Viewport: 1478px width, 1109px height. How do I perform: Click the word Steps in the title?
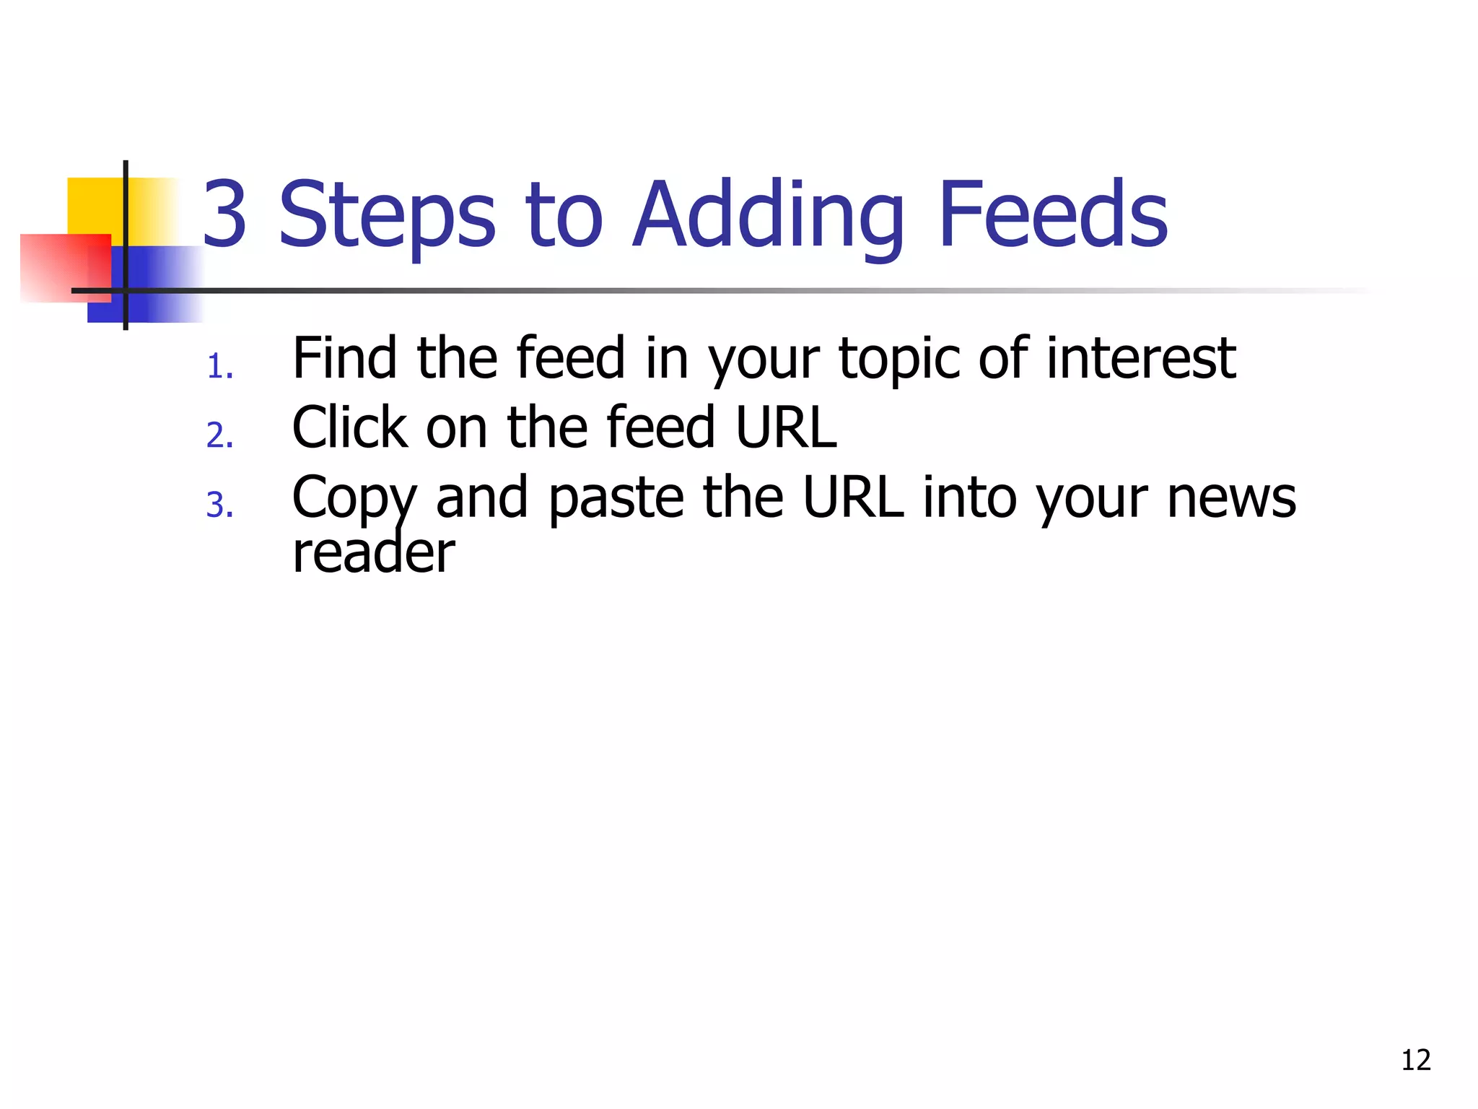point(387,214)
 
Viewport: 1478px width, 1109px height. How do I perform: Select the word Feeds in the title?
point(1052,214)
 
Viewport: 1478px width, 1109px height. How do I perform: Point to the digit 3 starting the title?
point(225,214)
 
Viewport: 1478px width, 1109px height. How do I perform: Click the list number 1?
point(219,367)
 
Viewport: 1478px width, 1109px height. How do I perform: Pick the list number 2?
point(219,436)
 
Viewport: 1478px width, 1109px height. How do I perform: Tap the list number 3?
point(219,505)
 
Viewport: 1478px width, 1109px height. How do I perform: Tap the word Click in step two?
point(349,427)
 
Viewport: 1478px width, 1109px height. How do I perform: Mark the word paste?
point(616,498)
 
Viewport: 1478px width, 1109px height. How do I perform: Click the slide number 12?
point(1415,1060)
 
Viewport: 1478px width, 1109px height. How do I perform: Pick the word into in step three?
point(970,497)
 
